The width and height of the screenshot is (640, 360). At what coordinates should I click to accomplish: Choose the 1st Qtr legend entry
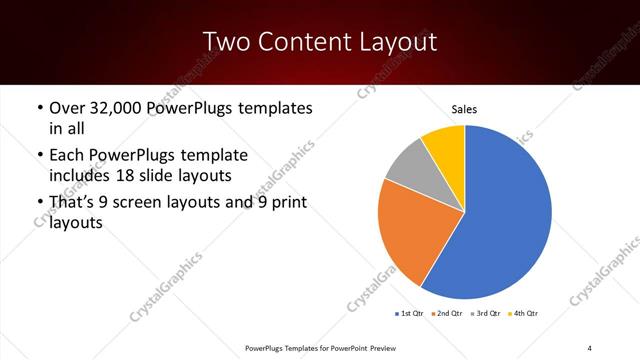pos(409,314)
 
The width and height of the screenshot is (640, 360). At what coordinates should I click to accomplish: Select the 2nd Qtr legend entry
pos(446,314)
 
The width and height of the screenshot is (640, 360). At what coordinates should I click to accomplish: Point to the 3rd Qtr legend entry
pos(485,314)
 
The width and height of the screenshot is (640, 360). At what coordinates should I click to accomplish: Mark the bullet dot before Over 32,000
pos(39,108)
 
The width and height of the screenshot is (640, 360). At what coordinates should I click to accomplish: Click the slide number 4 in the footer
pos(590,347)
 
